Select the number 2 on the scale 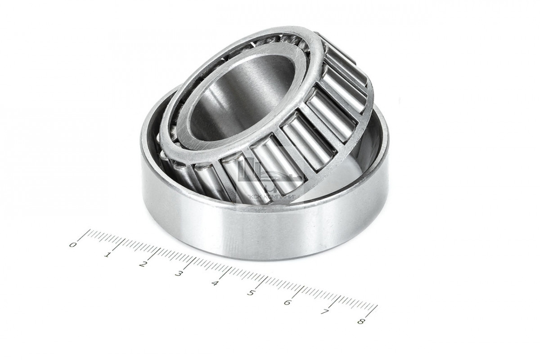143,264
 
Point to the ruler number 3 179,274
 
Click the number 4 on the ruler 215,283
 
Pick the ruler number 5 251,293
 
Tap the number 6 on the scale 287,302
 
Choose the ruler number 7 324,312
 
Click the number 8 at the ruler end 360,321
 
